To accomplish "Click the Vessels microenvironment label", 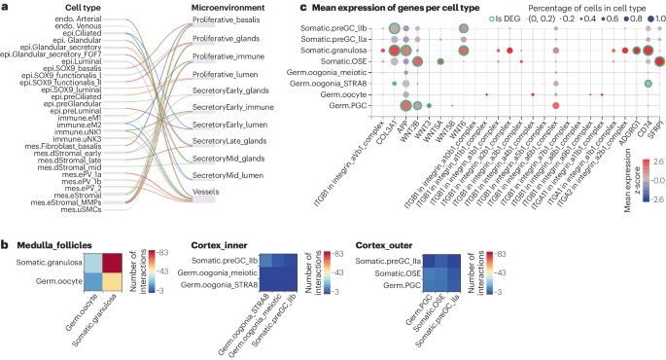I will pyautogui.click(x=205, y=193).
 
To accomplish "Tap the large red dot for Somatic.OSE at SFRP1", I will pyautogui.click(x=659, y=61).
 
